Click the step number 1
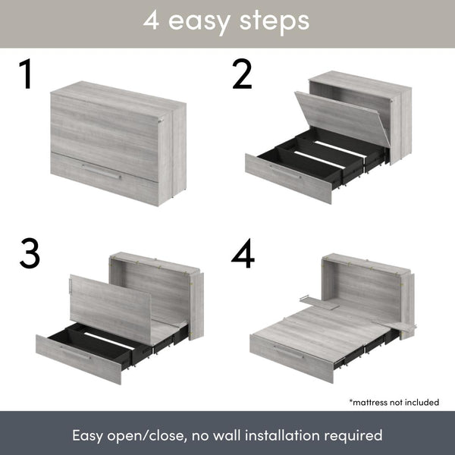pyautogui.click(x=27, y=75)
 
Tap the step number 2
pyautogui.click(x=242, y=75)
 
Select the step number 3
pyautogui.click(x=30, y=254)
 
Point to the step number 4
pyautogui.click(x=243, y=254)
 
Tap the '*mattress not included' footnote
pyautogui.click(x=394, y=401)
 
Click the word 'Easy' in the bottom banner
pyautogui.click(x=89, y=436)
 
